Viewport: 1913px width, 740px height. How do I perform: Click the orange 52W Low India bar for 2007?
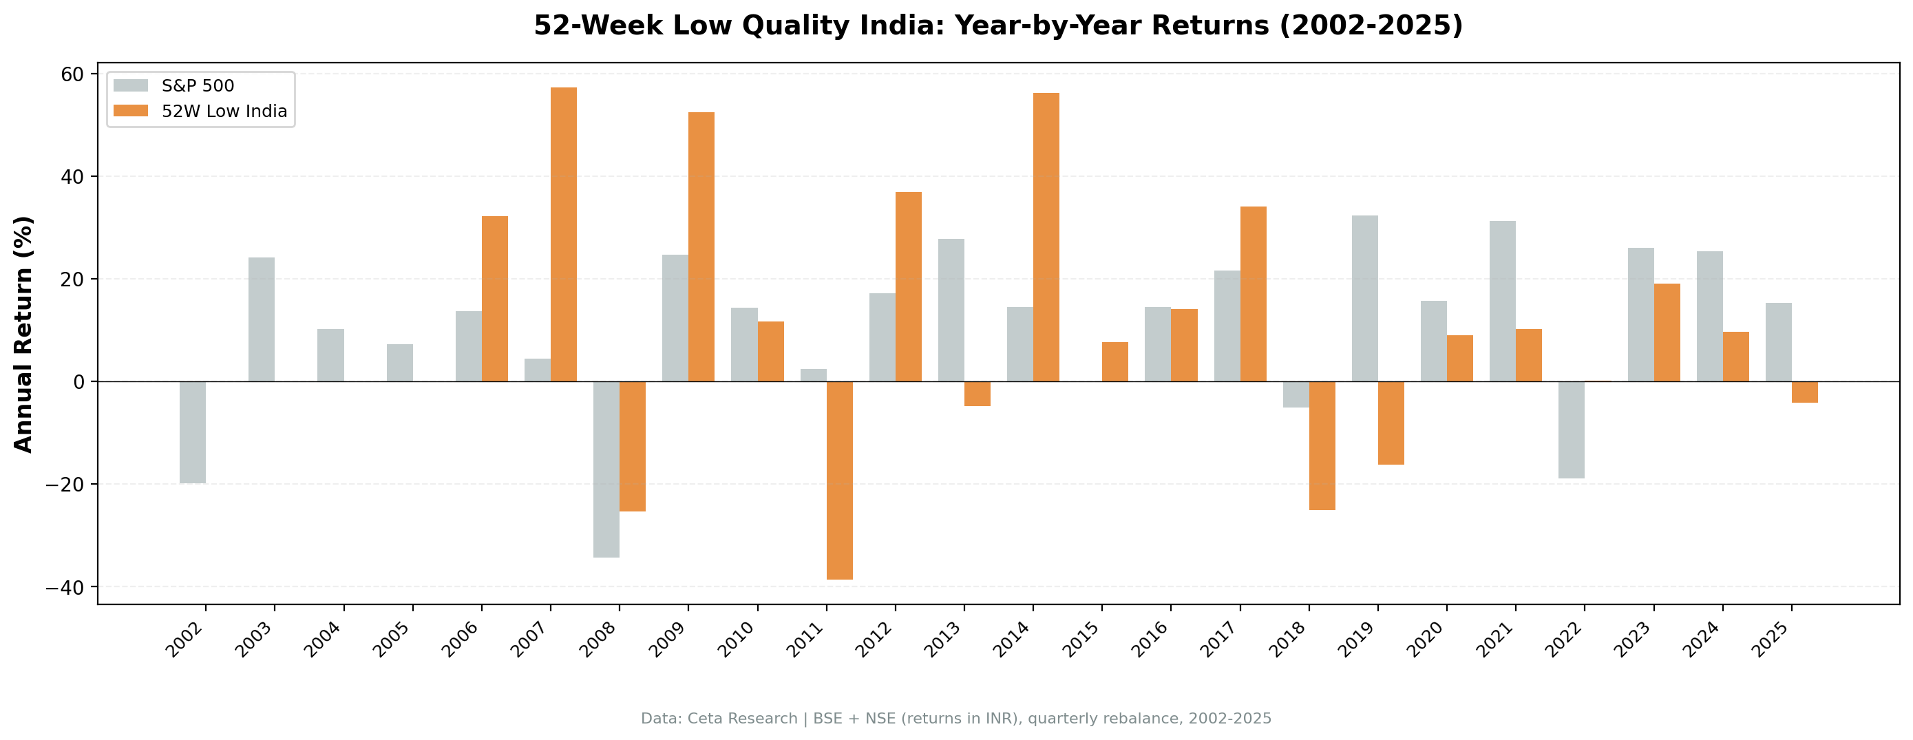564,234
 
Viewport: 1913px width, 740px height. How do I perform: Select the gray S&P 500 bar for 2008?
606,469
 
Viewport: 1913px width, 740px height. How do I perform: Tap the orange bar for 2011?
839,480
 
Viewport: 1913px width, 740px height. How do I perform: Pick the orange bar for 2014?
1046,237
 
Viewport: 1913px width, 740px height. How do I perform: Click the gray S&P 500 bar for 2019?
1364,298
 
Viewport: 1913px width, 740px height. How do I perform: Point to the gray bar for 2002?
192,432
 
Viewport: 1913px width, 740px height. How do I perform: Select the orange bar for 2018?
1322,445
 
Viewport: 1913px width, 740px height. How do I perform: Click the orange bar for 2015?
1114,362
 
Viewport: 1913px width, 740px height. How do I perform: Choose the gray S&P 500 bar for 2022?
1572,430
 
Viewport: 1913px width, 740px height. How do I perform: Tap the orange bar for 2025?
1804,392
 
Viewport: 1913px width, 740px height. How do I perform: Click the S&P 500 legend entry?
198,86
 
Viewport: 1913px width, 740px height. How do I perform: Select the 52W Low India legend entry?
224,112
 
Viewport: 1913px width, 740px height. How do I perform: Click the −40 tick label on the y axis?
65,587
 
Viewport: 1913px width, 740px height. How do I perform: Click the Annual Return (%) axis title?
24,334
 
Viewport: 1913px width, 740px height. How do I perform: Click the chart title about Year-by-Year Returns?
998,26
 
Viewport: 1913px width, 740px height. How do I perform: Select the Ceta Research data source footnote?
955,719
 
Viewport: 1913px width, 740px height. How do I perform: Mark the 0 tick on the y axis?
78,382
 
